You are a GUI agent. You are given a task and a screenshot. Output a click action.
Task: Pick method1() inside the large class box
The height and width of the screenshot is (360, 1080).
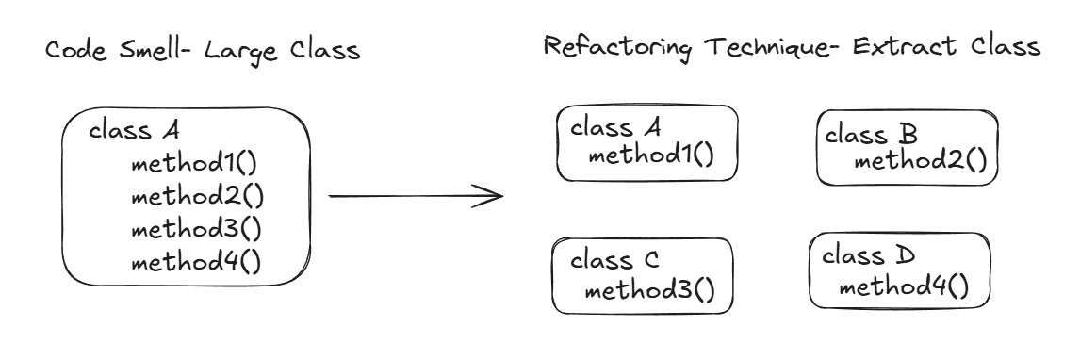tap(195, 166)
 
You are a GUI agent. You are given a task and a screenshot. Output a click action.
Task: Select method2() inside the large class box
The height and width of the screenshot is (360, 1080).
tap(196, 197)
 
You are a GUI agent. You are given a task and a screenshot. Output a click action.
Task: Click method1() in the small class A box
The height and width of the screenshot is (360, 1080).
tap(650, 155)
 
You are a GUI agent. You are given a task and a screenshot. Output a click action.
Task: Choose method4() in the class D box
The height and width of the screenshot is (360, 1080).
tap(904, 285)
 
